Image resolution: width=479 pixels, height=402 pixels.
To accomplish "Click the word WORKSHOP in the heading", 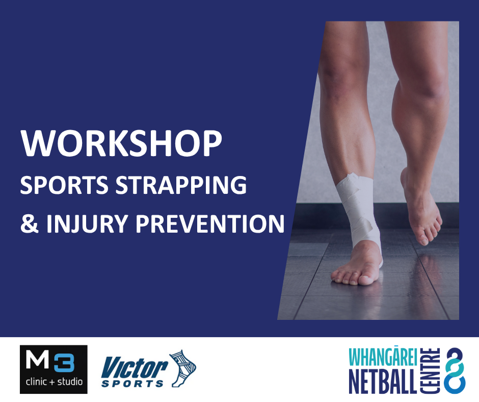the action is point(121,143).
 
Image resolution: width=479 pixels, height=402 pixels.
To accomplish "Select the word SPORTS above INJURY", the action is point(64,185).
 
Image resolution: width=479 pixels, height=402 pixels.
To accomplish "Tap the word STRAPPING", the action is point(181,185).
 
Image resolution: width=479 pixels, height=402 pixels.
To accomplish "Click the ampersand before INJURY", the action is point(30,223).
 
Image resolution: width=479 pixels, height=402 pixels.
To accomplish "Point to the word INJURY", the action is point(87,224).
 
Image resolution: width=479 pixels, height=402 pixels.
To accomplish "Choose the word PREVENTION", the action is point(210,223).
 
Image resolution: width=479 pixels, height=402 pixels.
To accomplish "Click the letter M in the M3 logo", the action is point(37,360).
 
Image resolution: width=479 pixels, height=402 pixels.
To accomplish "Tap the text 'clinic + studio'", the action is point(54,382).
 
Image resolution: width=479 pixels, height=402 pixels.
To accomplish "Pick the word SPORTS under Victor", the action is point(132,383).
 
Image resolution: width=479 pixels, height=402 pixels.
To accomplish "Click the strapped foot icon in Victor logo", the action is point(182,368).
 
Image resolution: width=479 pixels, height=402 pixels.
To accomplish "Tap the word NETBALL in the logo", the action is point(383,381).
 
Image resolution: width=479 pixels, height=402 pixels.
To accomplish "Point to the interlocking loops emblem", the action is point(455,370).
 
